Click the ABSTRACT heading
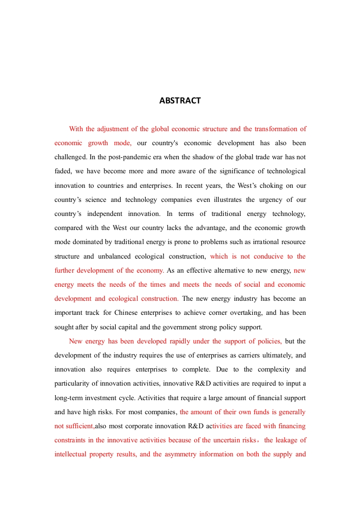(x=180, y=101)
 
